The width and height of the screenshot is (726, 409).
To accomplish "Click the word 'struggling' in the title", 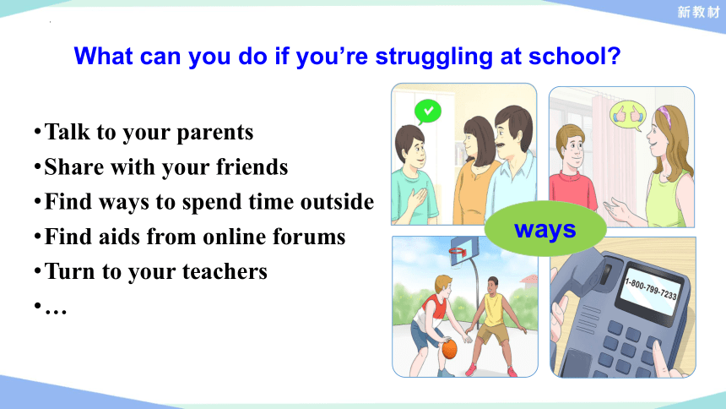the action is point(434,57).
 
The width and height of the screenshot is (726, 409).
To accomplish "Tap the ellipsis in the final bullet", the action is point(56,310).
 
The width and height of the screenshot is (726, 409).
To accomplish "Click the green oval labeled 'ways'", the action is point(545,228).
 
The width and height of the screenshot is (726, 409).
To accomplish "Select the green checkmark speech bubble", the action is point(427,112).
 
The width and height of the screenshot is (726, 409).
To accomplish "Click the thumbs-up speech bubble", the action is point(628,116).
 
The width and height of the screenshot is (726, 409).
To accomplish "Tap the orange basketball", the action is point(449,349).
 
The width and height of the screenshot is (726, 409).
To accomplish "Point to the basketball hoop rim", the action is point(458,252).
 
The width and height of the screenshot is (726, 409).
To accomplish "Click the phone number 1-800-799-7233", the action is point(651,288).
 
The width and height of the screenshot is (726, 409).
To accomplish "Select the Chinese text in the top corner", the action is point(698,12).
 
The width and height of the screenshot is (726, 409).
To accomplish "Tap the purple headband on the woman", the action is point(666,116).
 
